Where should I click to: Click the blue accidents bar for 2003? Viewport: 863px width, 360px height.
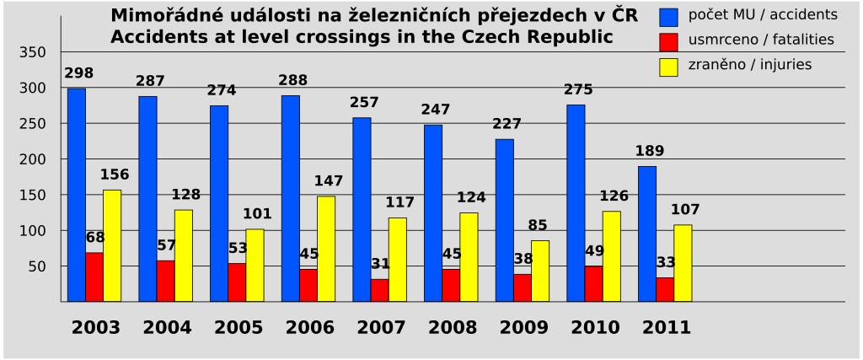point(76,195)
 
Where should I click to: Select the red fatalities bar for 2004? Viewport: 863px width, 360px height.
point(165,281)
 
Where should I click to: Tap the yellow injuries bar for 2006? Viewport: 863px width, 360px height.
point(326,249)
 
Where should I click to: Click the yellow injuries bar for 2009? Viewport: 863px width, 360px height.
point(540,271)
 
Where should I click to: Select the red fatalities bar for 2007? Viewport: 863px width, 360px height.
point(379,290)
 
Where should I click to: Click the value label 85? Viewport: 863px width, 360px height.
point(538,226)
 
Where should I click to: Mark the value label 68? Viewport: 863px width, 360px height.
point(95,238)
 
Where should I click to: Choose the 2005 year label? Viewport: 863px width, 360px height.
point(238,329)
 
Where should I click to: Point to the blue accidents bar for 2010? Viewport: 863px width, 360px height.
point(575,202)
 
